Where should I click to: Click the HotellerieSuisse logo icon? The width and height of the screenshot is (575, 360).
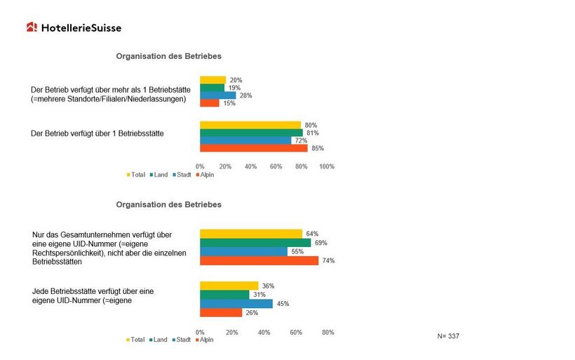pos(32,27)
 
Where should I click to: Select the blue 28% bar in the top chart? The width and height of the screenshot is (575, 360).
pos(217,95)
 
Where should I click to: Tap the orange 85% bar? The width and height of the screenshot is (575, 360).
pos(253,148)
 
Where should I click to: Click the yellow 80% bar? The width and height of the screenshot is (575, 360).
pos(250,125)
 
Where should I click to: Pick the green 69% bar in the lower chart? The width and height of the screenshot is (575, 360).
pos(255,243)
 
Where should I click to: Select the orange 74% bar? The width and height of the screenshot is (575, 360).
pos(259,260)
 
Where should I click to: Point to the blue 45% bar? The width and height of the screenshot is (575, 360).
pos(236,304)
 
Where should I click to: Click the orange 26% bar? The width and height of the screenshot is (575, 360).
pos(221,313)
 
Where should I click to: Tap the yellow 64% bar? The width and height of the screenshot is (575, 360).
pos(251,234)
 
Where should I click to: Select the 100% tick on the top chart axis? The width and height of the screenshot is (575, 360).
pos(327,166)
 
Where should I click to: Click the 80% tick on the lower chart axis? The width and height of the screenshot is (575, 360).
pos(327,332)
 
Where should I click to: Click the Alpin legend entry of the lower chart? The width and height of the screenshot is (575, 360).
pos(205,340)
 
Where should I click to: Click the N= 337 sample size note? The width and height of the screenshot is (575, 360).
pos(448,337)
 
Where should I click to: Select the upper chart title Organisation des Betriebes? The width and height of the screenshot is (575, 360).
pos(168,55)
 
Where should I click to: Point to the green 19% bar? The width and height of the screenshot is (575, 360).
pos(212,88)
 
